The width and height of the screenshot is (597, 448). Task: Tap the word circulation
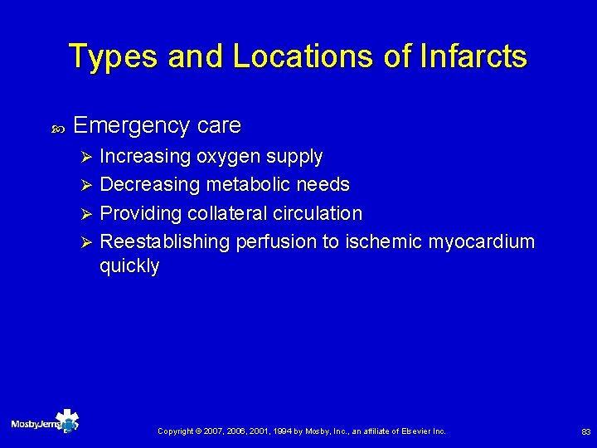[318, 213]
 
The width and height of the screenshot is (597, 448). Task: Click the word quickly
[129, 266]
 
